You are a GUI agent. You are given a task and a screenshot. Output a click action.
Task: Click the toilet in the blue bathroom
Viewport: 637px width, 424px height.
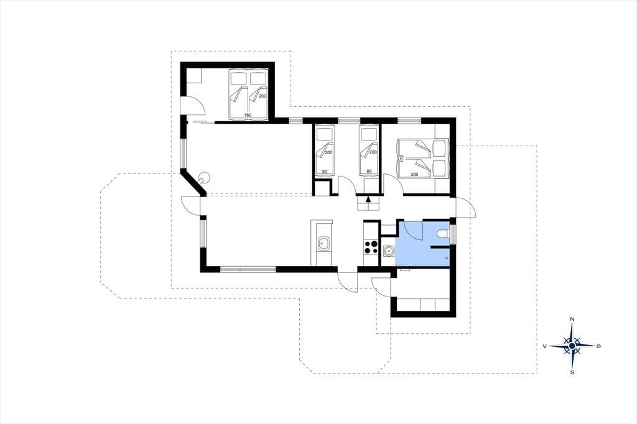click(x=443, y=234)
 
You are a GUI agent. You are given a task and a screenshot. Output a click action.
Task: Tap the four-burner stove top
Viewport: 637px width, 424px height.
click(x=371, y=247)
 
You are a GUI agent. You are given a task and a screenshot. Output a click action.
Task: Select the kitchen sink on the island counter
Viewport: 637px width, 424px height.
click(x=323, y=244)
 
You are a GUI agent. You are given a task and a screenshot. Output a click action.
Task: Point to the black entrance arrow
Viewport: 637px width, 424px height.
click(x=368, y=199)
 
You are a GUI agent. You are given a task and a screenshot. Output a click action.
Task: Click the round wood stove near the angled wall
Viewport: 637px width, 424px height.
click(x=203, y=178)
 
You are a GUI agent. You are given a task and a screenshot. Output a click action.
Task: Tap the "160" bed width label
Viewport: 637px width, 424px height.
click(x=248, y=116)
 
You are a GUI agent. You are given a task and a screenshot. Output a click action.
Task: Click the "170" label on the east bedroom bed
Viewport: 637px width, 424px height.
click(x=402, y=158)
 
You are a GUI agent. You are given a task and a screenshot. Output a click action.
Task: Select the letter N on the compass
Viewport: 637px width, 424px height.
click(x=572, y=319)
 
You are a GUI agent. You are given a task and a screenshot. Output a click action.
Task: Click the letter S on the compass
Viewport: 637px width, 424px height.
click(x=572, y=372)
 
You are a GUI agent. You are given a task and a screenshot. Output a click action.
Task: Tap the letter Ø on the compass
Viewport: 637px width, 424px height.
click(x=598, y=346)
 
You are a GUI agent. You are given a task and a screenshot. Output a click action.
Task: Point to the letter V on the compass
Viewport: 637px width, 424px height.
click(x=544, y=346)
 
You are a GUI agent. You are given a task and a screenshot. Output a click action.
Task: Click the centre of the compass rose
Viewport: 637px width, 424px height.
click(x=572, y=346)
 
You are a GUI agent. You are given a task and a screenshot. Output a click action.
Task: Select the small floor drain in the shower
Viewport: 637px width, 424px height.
click(x=447, y=258)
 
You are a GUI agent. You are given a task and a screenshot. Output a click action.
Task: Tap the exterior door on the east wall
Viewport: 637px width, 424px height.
click(x=467, y=207)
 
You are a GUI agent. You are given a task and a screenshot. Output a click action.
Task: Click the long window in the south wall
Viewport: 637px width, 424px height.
click(x=248, y=269)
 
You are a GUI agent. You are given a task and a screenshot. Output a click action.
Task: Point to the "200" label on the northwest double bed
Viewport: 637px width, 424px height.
click(x=263, y=96)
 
